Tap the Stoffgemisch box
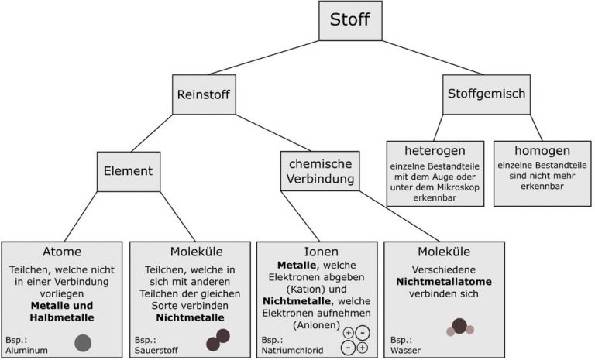coord(487,94)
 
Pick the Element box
coord(128,171)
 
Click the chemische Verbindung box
coord(319,171)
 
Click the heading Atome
coord(62,252)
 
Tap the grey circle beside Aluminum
coord(84,342)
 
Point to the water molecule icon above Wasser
coord(459,327)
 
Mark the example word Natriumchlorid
coord(292,350)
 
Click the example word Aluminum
coord(28,350)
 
